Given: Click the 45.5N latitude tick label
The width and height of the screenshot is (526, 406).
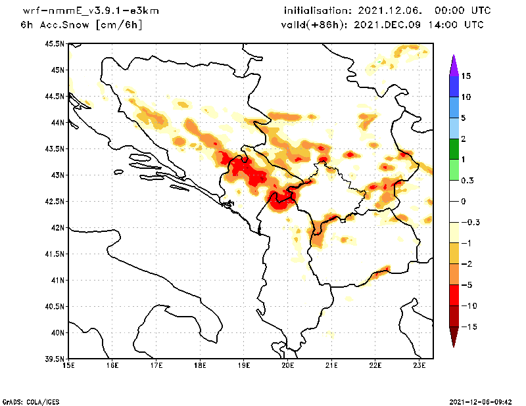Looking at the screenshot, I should click(55, 43).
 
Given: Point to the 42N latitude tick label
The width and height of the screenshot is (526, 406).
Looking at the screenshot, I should click(57, 227).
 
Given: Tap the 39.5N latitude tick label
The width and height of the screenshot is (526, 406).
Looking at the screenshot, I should click(55, 359).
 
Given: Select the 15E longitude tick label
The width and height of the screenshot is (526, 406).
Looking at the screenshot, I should click(68, 365).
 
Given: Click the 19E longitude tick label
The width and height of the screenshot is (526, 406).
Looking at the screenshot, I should click(244, 365).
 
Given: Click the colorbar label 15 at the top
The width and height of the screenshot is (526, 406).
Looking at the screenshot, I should click(466, 76).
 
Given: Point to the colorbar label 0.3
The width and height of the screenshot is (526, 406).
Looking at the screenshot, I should click(467, 180).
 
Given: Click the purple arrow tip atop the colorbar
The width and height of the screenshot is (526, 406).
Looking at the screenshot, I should click(453, 62).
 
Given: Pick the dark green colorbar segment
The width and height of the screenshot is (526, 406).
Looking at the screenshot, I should click(453, 148).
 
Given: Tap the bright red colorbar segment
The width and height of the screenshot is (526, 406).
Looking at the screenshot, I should click(453, 295).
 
